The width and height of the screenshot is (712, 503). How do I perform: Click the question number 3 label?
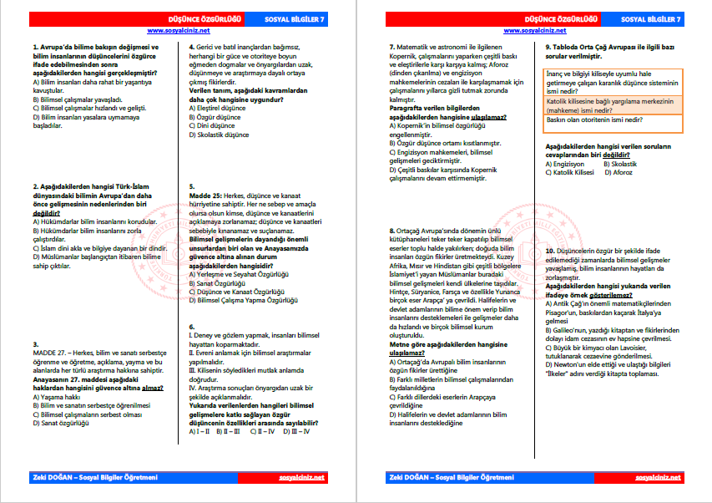34,343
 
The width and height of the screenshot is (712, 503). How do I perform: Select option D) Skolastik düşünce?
219,134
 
